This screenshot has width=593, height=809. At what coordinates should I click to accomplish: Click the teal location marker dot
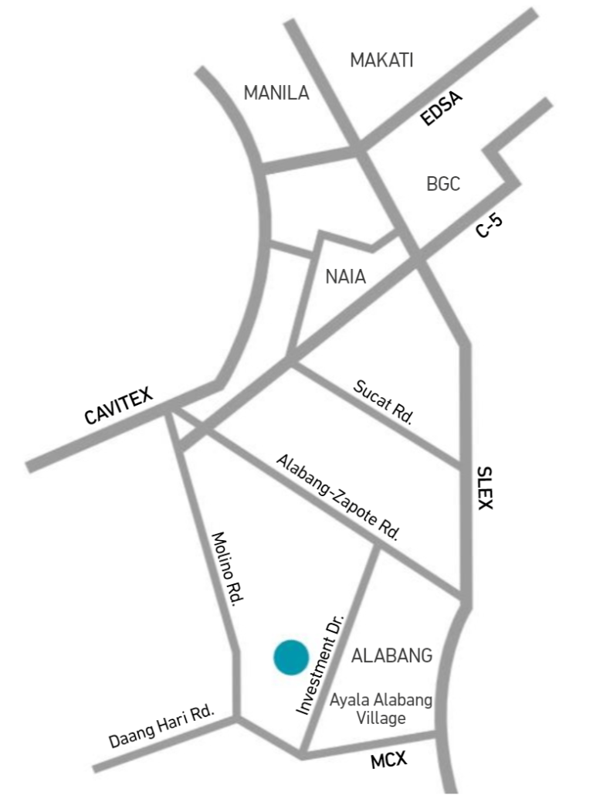pos(291,658)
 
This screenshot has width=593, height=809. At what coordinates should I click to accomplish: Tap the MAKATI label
pos(382,60)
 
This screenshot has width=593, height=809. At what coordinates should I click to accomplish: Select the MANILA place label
pos(276,93)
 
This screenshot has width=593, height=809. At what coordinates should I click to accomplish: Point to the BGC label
pos(443,184)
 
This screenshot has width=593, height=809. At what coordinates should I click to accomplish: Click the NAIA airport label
pos(345,277)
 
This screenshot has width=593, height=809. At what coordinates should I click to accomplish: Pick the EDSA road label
pos(441,109)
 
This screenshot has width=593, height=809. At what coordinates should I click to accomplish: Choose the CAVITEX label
pos(119,407)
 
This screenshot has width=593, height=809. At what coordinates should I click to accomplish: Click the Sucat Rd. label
pos(384,402)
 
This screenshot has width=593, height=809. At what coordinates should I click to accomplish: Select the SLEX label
pos(484,488)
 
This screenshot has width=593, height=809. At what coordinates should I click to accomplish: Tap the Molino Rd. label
pos(224,569)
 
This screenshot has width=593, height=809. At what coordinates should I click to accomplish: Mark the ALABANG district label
pos(391,657)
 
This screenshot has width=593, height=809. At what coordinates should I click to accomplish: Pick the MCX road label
pos(388,760)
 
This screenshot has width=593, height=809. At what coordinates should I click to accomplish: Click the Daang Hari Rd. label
pos(161,727)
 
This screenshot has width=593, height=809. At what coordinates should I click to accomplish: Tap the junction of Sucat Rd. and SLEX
pos(466,467)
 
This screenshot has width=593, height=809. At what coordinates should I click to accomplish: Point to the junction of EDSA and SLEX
pos(360,148)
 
